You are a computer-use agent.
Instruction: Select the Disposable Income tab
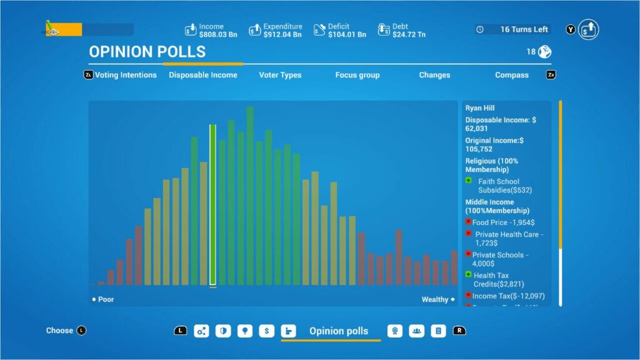[x=203, y=75]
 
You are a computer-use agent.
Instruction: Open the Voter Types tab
[x=280, y=75]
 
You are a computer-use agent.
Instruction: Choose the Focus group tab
[x=357, y=75]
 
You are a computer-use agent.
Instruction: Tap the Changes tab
[x=434, y=75]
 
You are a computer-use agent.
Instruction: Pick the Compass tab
[x=512, y=75]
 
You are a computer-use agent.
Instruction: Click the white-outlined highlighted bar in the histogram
[x=212, y=205]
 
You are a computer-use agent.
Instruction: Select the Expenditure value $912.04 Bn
[x=282, y=34]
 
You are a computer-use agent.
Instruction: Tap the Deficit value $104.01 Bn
[x=347, y=34]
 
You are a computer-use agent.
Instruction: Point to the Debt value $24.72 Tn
[x=409, y=34]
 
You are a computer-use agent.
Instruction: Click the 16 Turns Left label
[x=524, y=29]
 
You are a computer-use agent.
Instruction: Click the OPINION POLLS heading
[x=147, y=52]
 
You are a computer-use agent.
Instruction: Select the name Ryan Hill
[x=480, y=108]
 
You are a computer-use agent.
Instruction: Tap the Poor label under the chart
[x=106, y=299]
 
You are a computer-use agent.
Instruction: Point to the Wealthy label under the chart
[x=435, y=299]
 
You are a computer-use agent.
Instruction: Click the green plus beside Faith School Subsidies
[x=469, y=181]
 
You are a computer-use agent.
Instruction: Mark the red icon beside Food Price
[x=468, y=222]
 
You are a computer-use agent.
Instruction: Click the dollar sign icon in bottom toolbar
[x=267, y=331]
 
